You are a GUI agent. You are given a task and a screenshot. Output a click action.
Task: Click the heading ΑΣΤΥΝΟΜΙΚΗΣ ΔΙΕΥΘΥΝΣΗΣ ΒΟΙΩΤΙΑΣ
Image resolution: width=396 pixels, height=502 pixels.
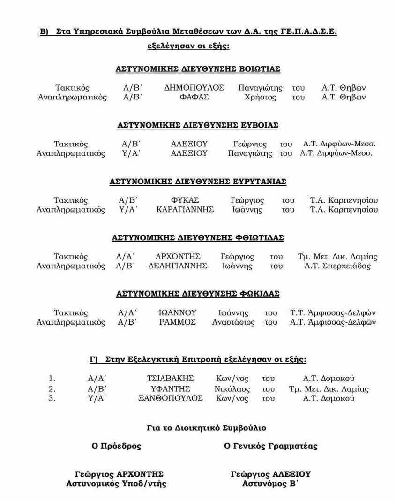(198, 69)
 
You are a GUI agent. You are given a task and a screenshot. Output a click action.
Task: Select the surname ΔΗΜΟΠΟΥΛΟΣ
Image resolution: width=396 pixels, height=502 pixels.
(194, 88)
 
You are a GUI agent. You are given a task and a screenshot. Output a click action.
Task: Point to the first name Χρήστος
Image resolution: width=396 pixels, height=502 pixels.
(260, 98)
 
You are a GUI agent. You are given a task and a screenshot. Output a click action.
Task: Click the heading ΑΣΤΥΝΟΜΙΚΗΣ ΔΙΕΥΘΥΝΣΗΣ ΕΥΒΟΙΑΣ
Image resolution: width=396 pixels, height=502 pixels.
(198, 126)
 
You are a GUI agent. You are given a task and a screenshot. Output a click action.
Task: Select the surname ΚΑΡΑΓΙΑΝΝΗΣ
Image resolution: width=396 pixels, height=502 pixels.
(185, 210)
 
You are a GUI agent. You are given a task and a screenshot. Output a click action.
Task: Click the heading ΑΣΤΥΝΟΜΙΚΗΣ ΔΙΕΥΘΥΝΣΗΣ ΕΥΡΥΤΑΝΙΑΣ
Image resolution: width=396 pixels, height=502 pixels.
(198, 182)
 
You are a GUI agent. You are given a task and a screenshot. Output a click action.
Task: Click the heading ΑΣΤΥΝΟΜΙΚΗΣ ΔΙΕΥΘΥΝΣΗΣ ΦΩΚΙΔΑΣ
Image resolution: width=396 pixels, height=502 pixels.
(198, 294)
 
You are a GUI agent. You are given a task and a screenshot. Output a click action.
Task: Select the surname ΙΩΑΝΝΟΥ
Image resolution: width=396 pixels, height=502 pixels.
(178, 313)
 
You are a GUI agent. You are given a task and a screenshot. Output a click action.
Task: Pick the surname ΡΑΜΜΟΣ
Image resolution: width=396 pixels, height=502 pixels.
(178, 322)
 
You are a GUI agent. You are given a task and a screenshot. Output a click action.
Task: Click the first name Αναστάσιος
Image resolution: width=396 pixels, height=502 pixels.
(233, 322)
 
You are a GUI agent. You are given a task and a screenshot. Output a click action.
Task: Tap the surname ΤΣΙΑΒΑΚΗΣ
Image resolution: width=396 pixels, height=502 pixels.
(170, 379)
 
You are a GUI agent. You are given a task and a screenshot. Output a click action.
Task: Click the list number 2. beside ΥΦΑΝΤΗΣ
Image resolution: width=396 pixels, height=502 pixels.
(52, 388)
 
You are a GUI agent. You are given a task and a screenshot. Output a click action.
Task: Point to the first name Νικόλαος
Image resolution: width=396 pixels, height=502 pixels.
(232, 388)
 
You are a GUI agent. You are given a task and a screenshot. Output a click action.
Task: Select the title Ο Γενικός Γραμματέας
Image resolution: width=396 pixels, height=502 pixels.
(270, 446)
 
